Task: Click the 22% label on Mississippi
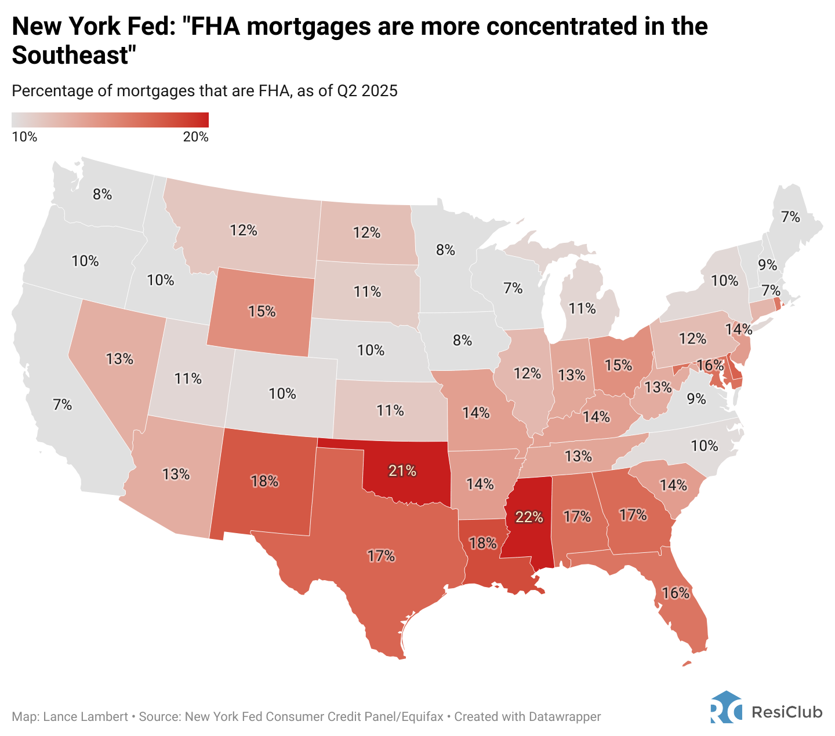click(x=529, y=517)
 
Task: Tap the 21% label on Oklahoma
click(x=402, y=471)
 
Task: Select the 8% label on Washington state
click(x=103, y=195)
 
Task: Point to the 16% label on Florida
click(x=676, y=593)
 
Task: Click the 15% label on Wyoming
click(x=262, y=312)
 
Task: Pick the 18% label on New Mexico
click(x=264, y=481)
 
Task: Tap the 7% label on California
click(x=63, y=405)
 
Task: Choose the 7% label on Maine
click(x=790, y=217)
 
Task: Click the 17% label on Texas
click(x=381, y=556)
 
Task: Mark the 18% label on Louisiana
click(x=483, y=543)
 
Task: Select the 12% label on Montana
click(x=244, y=231)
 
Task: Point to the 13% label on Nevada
click(x=120, y=359)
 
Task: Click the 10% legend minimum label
click(x=24, y=137)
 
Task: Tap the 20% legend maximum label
click(x=196, y=137)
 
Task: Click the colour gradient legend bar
click(x=110, y=119)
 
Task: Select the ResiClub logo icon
click(x=726, y=707)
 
